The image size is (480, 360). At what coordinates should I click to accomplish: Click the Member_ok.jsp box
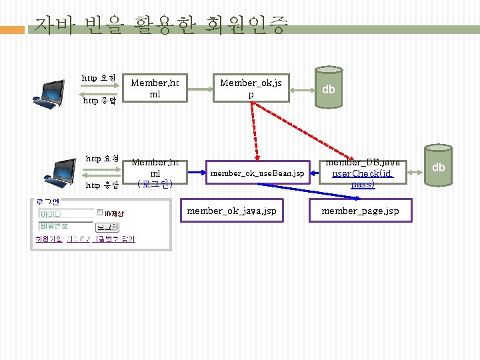tap(251, 89)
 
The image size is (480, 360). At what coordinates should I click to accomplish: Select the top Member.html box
tap(155, 89)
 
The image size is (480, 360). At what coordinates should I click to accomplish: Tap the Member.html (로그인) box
tap(155, 173)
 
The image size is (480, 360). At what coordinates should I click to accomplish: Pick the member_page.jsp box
tap(360, 211)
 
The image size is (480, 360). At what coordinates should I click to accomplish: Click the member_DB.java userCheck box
tap(363, 173)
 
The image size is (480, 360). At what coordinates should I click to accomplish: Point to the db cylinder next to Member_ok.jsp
tap(329, 89)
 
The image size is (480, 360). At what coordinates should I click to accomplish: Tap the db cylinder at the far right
tap(438, 167)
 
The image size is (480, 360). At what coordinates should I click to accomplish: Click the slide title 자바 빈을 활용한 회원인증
tap(161, 27)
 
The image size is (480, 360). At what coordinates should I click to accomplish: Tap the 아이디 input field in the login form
tap(66, 214)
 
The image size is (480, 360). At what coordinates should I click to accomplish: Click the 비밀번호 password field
tap(66, 227)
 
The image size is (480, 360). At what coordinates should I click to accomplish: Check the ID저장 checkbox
tap(99, 213)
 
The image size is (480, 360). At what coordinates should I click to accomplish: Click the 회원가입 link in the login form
tap(47, 239)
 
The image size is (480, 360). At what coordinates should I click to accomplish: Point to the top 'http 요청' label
tap(99, 79)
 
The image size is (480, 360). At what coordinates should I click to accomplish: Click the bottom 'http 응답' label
tap(101, 185)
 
